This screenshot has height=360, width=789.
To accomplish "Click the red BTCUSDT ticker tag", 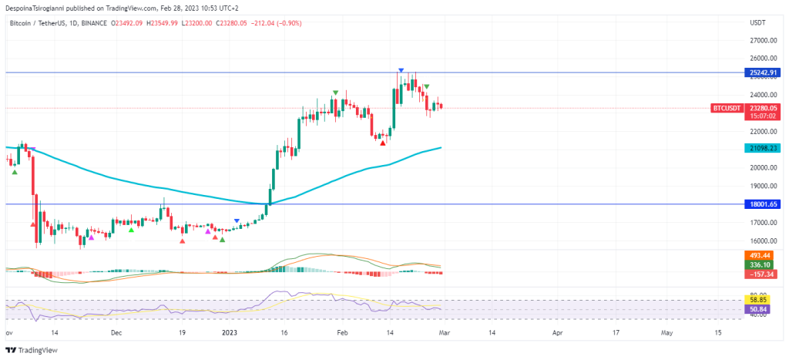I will (727, 109).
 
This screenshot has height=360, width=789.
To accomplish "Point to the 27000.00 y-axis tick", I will (762, 39).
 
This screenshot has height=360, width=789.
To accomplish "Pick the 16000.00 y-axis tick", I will (762, 241).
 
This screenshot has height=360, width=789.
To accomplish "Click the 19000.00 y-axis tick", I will (762, 186).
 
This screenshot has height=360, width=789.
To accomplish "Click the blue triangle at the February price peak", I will (401, 71).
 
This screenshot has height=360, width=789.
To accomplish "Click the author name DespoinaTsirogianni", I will (38, 7).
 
